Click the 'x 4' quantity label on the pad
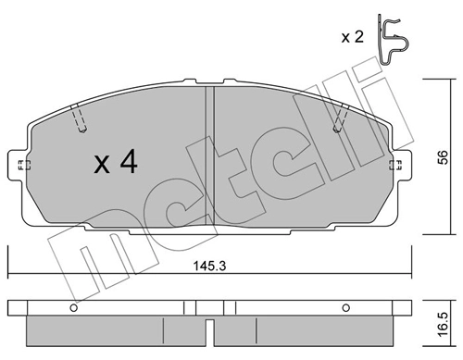[115, 165]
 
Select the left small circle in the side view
[72, 308]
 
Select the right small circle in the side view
[344, 308]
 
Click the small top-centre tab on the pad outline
[211, 82]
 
